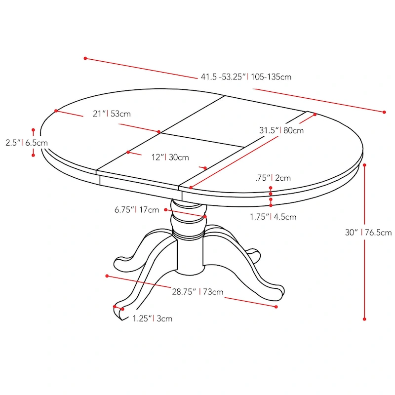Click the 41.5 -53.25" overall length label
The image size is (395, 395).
(x=246, y=77)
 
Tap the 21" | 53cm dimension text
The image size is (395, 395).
(x=112, y=114)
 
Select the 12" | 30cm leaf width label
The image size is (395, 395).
(x=170, y=158)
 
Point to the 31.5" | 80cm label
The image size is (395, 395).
(x=281, y=130)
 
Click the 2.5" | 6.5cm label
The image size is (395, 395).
(x=26, y=143)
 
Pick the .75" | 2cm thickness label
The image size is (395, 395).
(x=273, y=178)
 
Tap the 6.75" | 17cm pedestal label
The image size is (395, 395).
(x=137, y=210)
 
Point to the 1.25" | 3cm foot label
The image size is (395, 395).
(x=152, y=318)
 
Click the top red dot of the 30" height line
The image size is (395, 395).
(x=364, y=164)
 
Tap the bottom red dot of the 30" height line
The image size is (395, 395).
(x=364, y=319)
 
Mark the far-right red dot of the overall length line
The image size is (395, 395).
(x=384, y=112)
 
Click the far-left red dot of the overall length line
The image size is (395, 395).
(x=85, y=58)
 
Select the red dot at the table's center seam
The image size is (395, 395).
(x=159, y=132)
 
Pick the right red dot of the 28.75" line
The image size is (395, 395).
(x=276, y=307)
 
